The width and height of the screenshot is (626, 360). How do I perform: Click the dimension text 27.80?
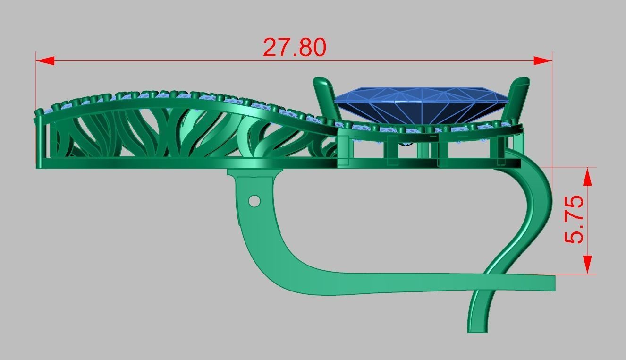pyautogui.click(x=294, y=47)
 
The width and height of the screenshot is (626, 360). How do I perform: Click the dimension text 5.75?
pyautogui.click(x=574, y=220)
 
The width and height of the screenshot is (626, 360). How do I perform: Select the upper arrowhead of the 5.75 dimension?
pyautogui.click(x=587, y=177)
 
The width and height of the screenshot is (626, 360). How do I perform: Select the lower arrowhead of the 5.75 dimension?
pyautogui.click(x=587, y=264)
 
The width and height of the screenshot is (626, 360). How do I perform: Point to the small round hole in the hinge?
pyautogui.click(x=254, y=201)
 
